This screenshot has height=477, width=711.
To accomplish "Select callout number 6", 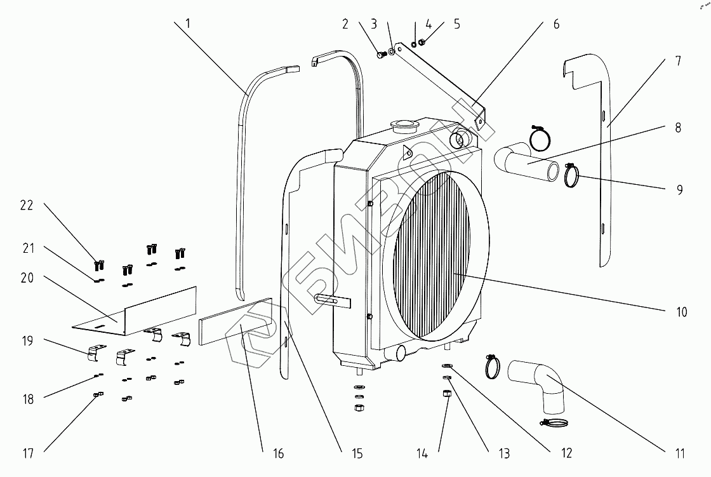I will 556,24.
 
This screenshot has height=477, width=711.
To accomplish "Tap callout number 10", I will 681,312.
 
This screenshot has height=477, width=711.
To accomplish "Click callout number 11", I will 680,453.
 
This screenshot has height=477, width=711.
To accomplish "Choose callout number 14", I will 422,453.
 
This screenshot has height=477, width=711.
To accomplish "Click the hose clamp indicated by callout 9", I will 573,176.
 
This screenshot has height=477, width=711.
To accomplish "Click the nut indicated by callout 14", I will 446,394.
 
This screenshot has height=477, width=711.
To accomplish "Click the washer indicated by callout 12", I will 447,366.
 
